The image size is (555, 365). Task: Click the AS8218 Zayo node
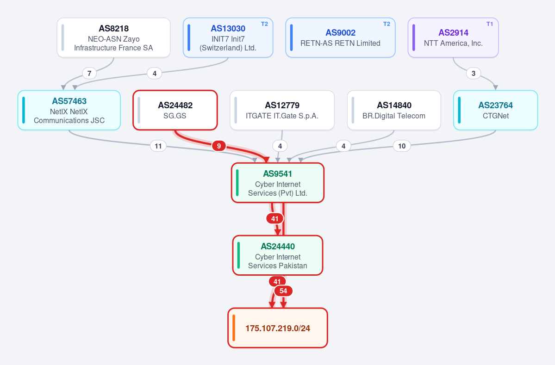[x=113, y=37]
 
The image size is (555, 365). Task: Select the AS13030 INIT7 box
[x=228, y=37]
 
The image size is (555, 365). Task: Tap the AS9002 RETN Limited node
[x=340, y=37]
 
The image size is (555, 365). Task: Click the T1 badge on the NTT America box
[x=490, y=24]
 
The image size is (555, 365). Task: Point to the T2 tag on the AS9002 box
[x=387, y=24]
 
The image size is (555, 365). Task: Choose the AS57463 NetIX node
[x=69, y=110]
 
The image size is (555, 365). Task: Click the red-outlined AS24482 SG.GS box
[x=175, y=110]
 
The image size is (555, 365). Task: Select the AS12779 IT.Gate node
[x=282, y=110]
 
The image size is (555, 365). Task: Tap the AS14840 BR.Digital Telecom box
[x=394, y=110]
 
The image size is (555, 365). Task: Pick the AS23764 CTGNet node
[x=496, y=110]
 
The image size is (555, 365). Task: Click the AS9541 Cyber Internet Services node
[x=278, y=183]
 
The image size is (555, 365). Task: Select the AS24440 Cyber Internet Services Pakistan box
[x=278, y=255]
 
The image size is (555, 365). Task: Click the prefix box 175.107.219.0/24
[x=278, y=328]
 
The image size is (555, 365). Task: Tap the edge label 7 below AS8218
[x=89, y=73]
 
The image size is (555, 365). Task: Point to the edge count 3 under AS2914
[x=474, y=73]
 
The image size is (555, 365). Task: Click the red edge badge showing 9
[x=219, y=146]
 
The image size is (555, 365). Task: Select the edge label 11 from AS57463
[x=158, y=146]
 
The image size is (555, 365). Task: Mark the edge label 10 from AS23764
[x=402, y=146]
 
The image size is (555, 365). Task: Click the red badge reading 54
[x=283, y=291]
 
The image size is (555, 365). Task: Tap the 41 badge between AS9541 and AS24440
[x=274, y=218]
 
